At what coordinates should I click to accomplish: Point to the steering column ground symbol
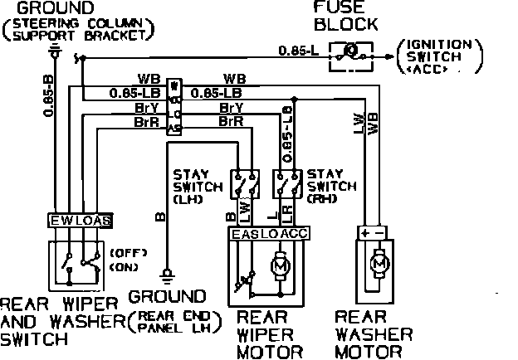click(55, 52)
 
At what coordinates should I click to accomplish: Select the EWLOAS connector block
click(81, 221)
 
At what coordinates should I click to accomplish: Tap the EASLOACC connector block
click(268, 235)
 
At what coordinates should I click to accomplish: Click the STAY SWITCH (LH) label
click(197, 187)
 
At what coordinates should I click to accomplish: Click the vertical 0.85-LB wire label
click(287, 130)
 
